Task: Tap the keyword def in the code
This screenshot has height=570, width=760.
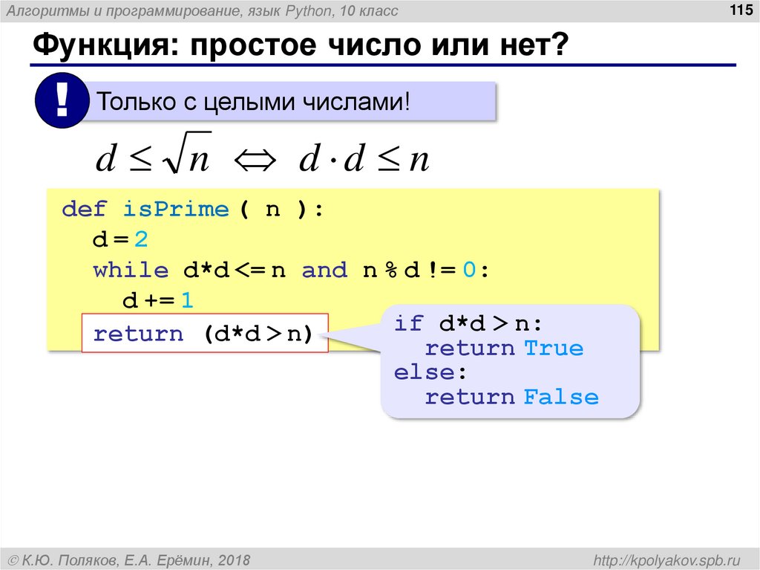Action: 85,209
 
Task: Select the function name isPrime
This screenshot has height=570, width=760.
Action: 177,209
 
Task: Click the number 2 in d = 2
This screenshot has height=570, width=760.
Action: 142,240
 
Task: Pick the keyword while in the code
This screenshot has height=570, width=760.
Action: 131,271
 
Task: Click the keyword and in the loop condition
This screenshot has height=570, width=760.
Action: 324,271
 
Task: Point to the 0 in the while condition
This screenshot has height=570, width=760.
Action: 468,271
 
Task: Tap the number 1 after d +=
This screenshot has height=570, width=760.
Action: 187,301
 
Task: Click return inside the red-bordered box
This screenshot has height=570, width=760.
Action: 138,334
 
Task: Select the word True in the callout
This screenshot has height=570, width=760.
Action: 554,348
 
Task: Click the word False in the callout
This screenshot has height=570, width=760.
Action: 561,397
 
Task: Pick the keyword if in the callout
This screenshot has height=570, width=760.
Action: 408,324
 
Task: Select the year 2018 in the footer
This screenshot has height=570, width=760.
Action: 234,559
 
